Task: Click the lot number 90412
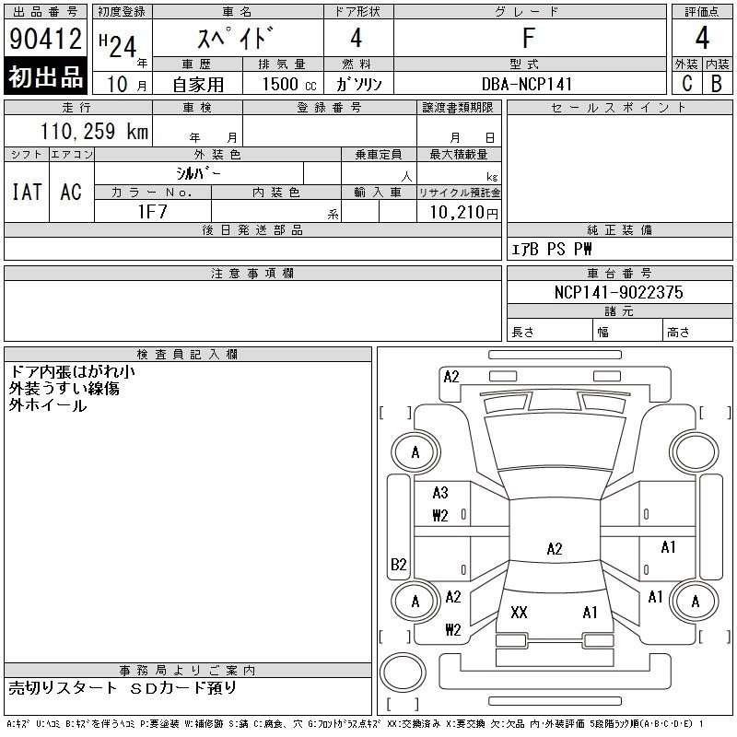tap(46, 39)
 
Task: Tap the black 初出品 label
tap(46, 77)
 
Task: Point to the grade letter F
tap(528, 39)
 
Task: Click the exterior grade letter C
tap(687, 84)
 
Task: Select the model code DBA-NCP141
tap(528, 84)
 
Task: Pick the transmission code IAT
tap(27, 192)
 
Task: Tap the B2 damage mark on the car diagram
tap(399, 564)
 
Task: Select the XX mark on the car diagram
tap(519, 613)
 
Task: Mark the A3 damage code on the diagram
tap(440, 493)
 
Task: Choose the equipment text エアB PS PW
tap(552, 249)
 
